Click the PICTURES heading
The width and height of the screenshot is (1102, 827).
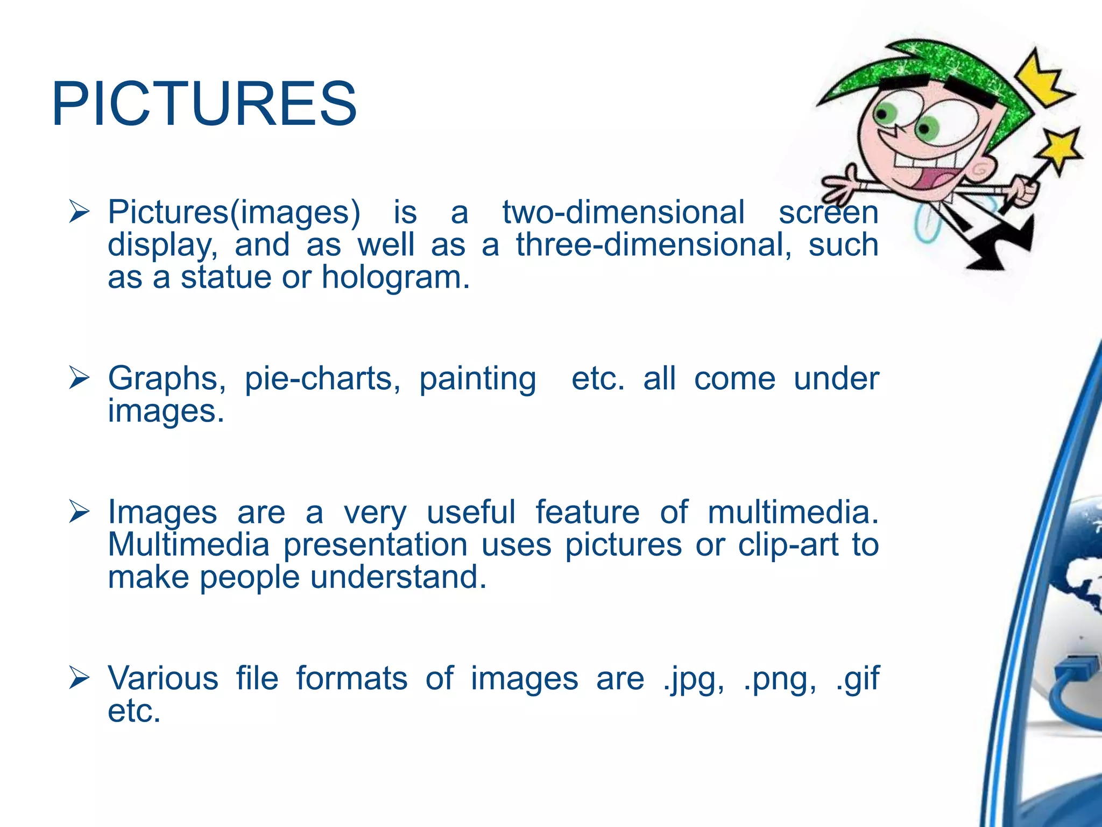coord(204,103)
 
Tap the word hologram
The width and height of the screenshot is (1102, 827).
coord(395,278)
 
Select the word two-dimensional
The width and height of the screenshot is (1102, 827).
coord(624,212)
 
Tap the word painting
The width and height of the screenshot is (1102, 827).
coord(477,379)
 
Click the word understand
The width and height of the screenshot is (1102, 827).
coord(398,577)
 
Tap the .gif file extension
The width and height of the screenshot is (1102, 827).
coord(858,678)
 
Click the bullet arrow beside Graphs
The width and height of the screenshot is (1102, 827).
coord(79,378)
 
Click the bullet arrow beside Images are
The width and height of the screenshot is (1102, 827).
coord(79,511)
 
